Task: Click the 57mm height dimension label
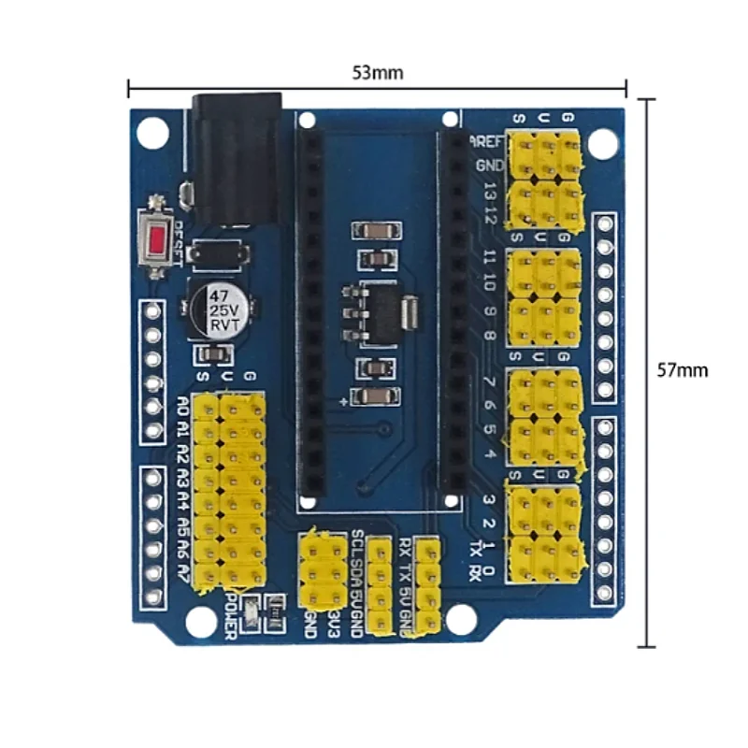click(x=682, y=369)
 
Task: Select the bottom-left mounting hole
click(x=199, y=621)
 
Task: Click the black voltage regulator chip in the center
click(x=379, y=311)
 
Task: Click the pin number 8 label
click(x=489, y=334)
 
